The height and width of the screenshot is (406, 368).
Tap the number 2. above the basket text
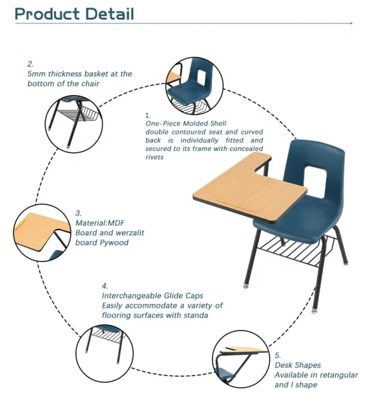point(30,64)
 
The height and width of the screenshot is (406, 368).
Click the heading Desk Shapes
point(298,365)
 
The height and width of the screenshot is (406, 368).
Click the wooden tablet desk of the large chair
point(242,183)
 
